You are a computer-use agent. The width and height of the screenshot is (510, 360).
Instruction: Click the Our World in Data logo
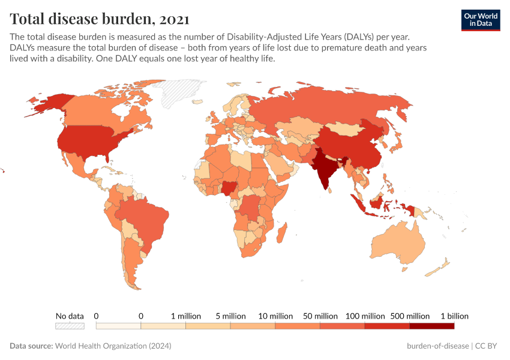click(x=480, y=19)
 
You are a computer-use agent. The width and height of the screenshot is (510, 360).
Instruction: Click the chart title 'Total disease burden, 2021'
click(x=100, y=19)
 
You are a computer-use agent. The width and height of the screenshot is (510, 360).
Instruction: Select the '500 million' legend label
click(x=409, y=316)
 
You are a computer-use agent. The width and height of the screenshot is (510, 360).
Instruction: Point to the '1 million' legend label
click(x=186, y=316)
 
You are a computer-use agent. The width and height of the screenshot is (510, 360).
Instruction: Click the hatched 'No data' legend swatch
click(x=70, y=326)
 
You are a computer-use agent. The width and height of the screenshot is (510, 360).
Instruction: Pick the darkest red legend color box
click(x=431, y=326)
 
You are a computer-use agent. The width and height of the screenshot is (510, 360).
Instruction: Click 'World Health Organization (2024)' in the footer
click(x=113, y=346)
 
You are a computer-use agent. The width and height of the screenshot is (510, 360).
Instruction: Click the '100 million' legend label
click(x=365, y=316)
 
